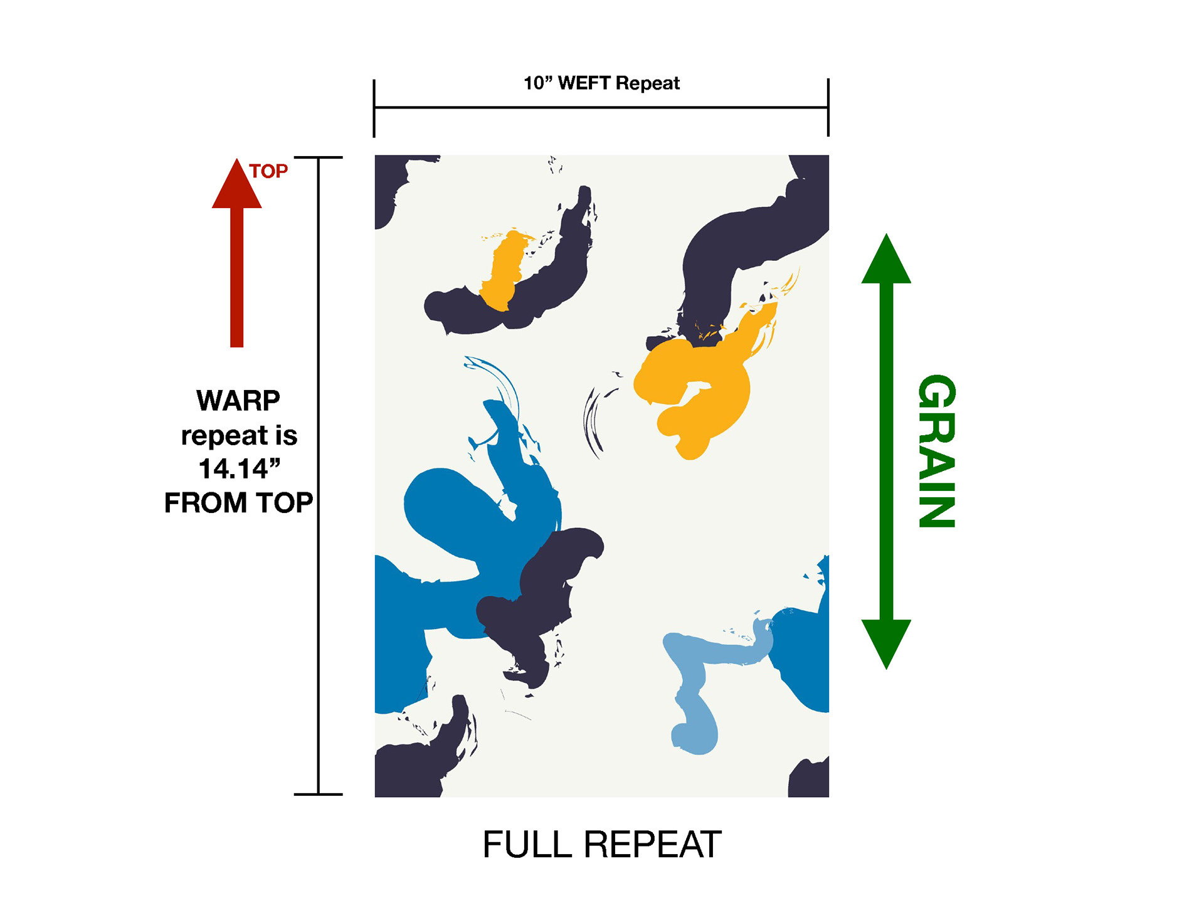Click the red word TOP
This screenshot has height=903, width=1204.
pos(268,171)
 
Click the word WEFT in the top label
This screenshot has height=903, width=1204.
pos(584,83)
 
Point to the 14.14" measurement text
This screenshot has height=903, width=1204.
pos(239,468)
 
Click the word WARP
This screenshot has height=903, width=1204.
pos(238,401)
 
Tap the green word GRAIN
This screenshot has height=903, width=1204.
pos(936,451)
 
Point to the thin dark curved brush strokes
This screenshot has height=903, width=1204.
pos(593,420)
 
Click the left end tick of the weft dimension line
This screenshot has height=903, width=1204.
pos(374,108)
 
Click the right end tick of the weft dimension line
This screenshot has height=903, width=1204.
pos(828,108)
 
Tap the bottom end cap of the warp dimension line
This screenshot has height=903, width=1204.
pos(319,794)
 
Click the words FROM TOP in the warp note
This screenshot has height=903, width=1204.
pos(239,503)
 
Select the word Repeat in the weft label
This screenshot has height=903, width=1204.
pos(648,83)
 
